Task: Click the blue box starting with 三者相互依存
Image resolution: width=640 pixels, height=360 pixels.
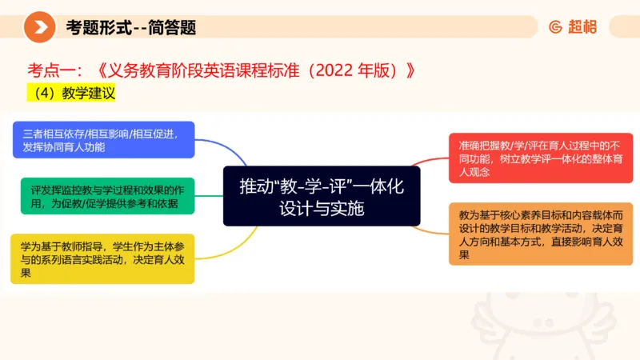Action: (x=104, y=140)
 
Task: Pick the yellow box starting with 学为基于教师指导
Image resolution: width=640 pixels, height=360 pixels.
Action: (x=102, y=258)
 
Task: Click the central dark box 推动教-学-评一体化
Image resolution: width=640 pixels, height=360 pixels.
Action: (x=321, y=196)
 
